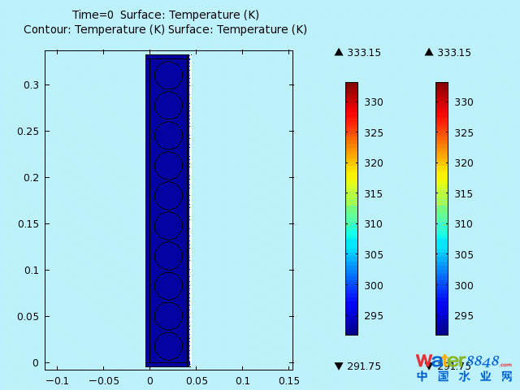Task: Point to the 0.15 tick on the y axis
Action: pyautogui.click(x=31, y=224)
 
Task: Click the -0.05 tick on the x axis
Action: pyautogui.click(x=103, y=380)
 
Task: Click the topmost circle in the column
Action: pyautogui.click(x=168, y=76)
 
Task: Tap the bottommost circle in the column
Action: pyautogui.click(x=168, y=346)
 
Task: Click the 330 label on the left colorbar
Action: pyautogui.click(x=373, y=102)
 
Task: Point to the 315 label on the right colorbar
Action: pyautogui.click(x=463, y=193)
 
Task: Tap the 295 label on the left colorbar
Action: pyautogui.click(x=373, y=316)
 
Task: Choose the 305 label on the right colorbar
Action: pyautogui.click(x=463, y=255)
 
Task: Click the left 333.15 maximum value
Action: pyautogui.click(x=364, y=53)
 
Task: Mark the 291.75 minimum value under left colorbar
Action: pyautogui.click(x=364, y=366)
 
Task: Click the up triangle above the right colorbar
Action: pyautogui.click(x=429, y=53)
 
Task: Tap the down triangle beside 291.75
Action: pyautogui.click(x=339, y=366)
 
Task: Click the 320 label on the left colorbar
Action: pyautogui.click(x=373, y=162)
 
